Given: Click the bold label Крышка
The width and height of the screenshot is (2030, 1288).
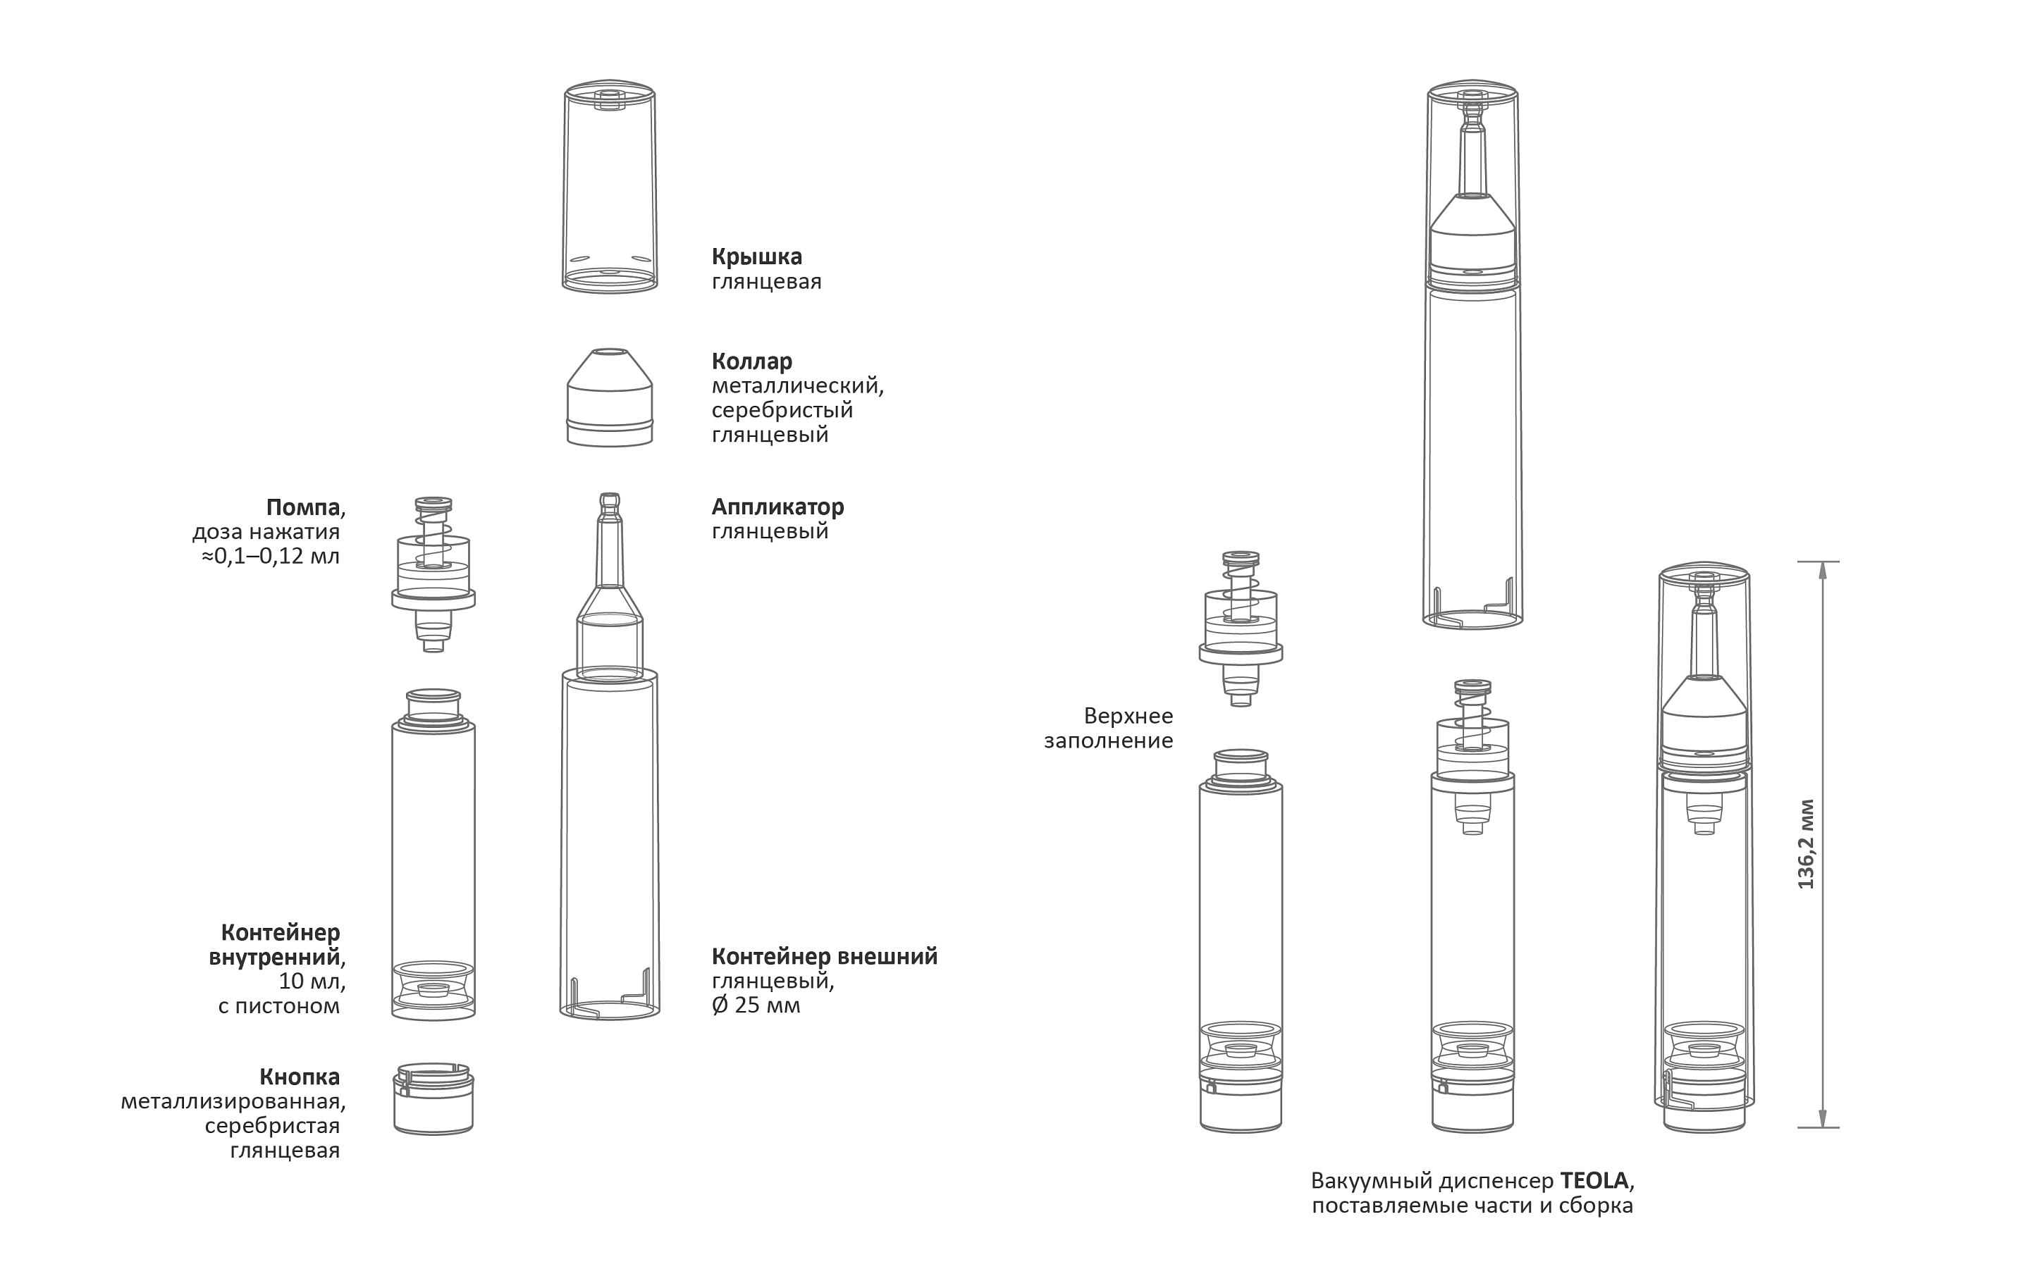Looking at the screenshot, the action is [756, 257].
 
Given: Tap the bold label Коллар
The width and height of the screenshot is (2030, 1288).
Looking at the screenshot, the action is [752, 361].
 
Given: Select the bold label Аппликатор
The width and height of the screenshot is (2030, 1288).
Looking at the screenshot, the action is [777, 507].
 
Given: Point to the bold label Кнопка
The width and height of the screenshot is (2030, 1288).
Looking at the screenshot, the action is [300, 1077].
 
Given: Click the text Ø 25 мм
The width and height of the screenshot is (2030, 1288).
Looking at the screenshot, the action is [756, 1005].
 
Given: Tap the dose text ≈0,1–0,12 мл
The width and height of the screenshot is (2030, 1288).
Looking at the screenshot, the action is [271, 557].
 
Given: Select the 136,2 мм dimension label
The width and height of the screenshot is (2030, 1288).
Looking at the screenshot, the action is [1805, 844].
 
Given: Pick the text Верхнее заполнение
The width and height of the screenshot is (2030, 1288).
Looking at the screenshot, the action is [1109, 729].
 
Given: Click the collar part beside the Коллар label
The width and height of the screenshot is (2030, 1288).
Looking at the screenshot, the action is [610, 396].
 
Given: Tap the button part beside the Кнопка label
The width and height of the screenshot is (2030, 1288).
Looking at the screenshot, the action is [433, 1099].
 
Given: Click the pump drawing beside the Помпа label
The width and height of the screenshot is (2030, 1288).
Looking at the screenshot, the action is [433, 574].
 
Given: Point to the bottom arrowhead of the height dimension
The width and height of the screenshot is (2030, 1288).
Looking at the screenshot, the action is [1823, 1119].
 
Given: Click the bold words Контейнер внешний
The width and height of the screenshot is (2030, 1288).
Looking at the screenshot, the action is [825, 957].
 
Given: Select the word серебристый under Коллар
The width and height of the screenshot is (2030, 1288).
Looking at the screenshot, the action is [782, 411].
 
